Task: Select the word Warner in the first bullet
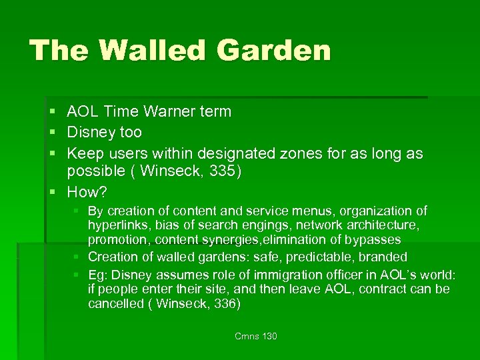168,112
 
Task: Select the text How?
87,192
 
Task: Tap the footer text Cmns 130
255,336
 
